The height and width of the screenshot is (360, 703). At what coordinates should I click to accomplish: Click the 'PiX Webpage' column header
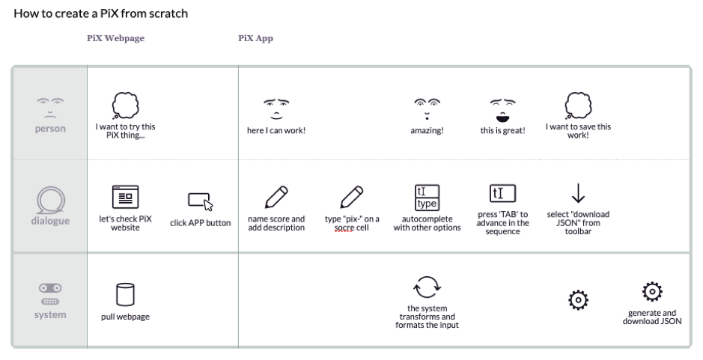(x=116, y=39)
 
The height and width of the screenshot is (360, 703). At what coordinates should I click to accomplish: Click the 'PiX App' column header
(x=255, y=39)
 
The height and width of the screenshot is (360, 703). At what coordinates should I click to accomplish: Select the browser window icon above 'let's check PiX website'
(x=125, y=197)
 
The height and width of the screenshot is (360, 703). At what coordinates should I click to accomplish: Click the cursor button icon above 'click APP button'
(x=200, y=201)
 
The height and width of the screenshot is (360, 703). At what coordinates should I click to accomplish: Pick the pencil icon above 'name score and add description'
(x=276, y=198)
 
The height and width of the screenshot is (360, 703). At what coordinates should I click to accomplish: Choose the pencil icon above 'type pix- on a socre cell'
(x=352, y=198)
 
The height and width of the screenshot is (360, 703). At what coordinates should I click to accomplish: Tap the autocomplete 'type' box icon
(x=427, y=198)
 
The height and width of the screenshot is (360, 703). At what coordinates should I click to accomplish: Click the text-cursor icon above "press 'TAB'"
(x=502, y=195)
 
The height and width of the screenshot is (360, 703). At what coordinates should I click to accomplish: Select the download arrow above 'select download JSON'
(x=578, y=194)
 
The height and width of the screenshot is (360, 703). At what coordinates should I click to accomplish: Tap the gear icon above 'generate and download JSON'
(x=652, y=292)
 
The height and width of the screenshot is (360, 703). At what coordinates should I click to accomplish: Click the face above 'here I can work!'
(x=276, y=109)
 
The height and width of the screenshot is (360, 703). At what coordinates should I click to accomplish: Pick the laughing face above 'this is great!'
(x=502, y=109)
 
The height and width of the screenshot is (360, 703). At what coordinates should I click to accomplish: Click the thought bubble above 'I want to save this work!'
(x=577, y=105)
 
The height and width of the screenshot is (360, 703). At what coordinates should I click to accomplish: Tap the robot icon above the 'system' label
(x=50, y=293)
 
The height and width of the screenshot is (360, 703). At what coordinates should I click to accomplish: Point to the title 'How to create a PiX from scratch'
(x=100, y=13)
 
